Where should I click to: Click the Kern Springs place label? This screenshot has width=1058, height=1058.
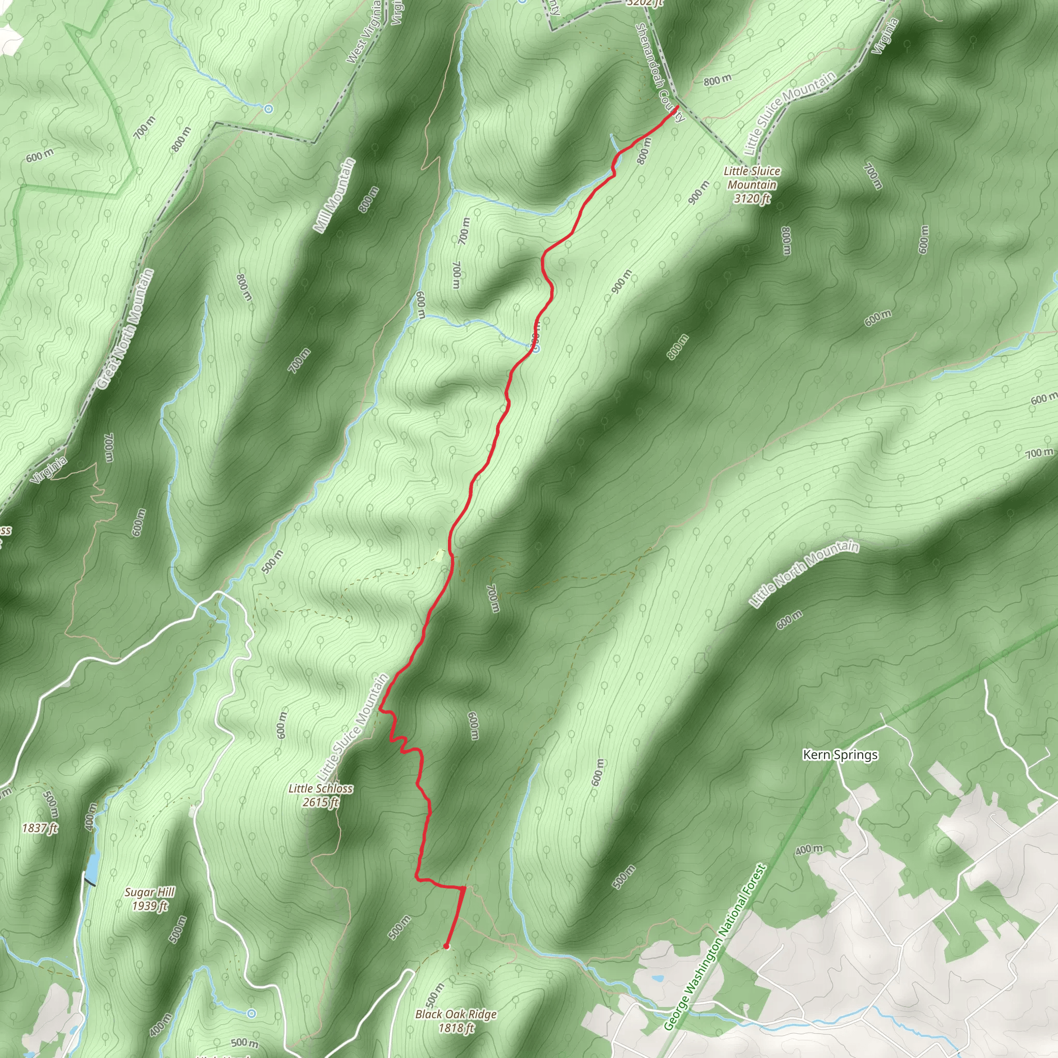pyautogui.click(x=840, y=755)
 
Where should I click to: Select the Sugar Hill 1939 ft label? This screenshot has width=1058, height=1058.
pyautogui.click(x=149, y=899)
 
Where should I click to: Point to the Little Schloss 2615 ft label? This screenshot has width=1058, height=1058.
pyautogui.click(x=321, y=796)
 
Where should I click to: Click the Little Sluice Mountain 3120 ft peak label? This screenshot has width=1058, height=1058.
pyautogui.click(x=752, y=185)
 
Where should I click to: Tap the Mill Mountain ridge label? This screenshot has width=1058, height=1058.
pyautogui.click(x=335, y=195)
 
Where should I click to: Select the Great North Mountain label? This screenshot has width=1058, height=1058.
pyautogui.click(x=126, y=329)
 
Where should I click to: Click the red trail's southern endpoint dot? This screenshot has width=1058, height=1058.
pyautogui.click(x=446, y=946)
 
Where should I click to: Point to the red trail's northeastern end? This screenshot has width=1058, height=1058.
pyautogui.click(x=677, y=106)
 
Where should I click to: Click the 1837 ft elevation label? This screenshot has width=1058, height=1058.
pyautogui.click(x=40, y=828)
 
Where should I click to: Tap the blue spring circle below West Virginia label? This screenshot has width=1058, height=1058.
pyautogui.click(x=268, y=109)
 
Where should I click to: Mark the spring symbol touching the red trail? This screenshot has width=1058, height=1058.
pyautogui.click(x=536, y=348)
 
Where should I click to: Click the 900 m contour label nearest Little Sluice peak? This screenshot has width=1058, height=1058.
pyautogui.click(x=699, y=192)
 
